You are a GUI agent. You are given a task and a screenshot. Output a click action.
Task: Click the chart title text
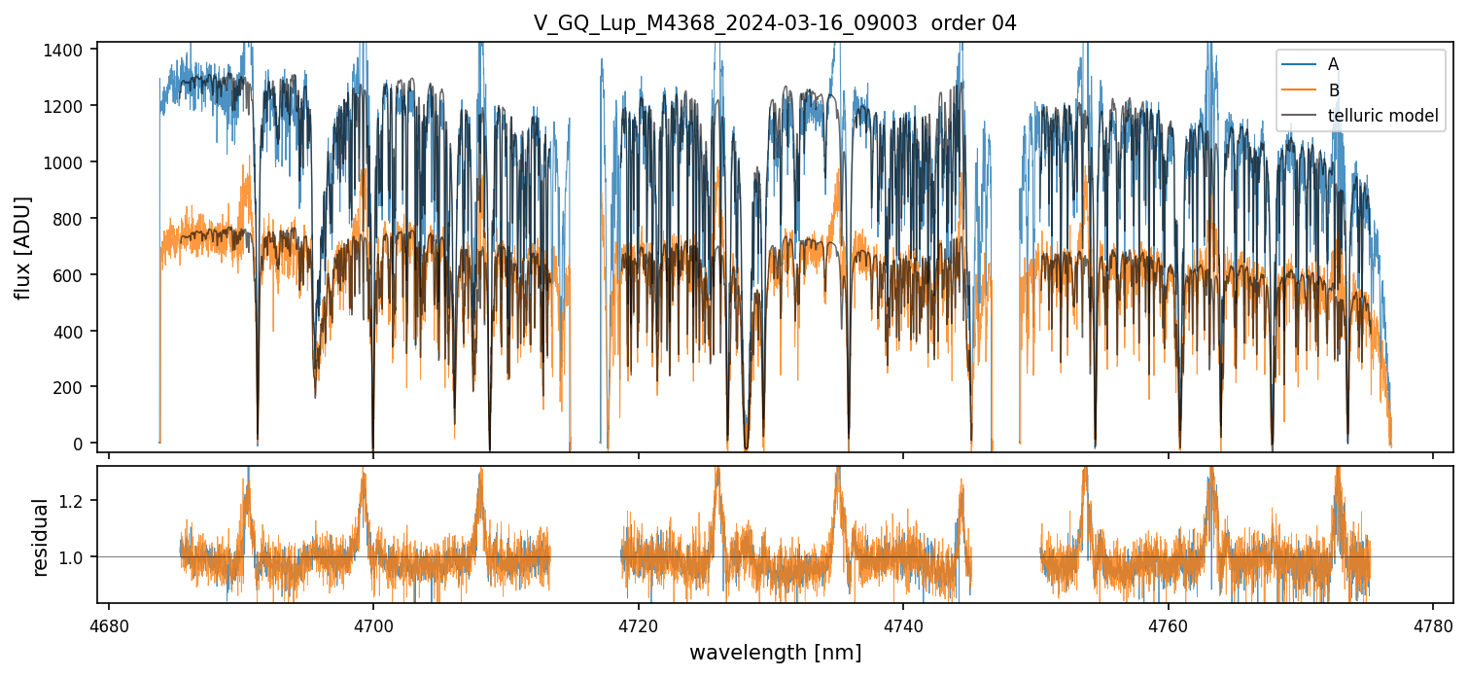pyautogui.click(x=775, y=23)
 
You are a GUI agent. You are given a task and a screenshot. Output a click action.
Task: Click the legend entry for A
pyautogui.click(x=1333, y=64)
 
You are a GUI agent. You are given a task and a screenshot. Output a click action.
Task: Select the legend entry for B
pyautogui.click(x=1333, y=90)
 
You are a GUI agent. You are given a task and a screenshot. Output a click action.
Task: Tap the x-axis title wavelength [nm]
pyautogui.click(x=775, y=653)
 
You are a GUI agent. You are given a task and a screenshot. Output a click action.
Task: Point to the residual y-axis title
pyautogui.click(x=41, y=537)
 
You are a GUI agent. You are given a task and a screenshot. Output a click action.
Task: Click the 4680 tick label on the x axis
pyautogui.click(x=109, y=624)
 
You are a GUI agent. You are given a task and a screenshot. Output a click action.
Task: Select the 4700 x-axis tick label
pyautogui.click(x=373, y=624)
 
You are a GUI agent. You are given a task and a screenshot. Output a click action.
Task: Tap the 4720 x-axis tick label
pyautogui.click(x=639, y=624)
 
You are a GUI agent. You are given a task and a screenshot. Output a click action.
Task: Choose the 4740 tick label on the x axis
pyautogui.click(x=903, y=624)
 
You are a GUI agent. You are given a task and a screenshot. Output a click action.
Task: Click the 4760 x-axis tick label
pyautogui.click(x=1168, y=624)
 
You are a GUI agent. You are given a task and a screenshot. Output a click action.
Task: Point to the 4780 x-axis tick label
pyautogui.click(x=1433, y=624)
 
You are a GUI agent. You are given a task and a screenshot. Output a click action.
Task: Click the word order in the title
pyautogui.click(x=957, y=23)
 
